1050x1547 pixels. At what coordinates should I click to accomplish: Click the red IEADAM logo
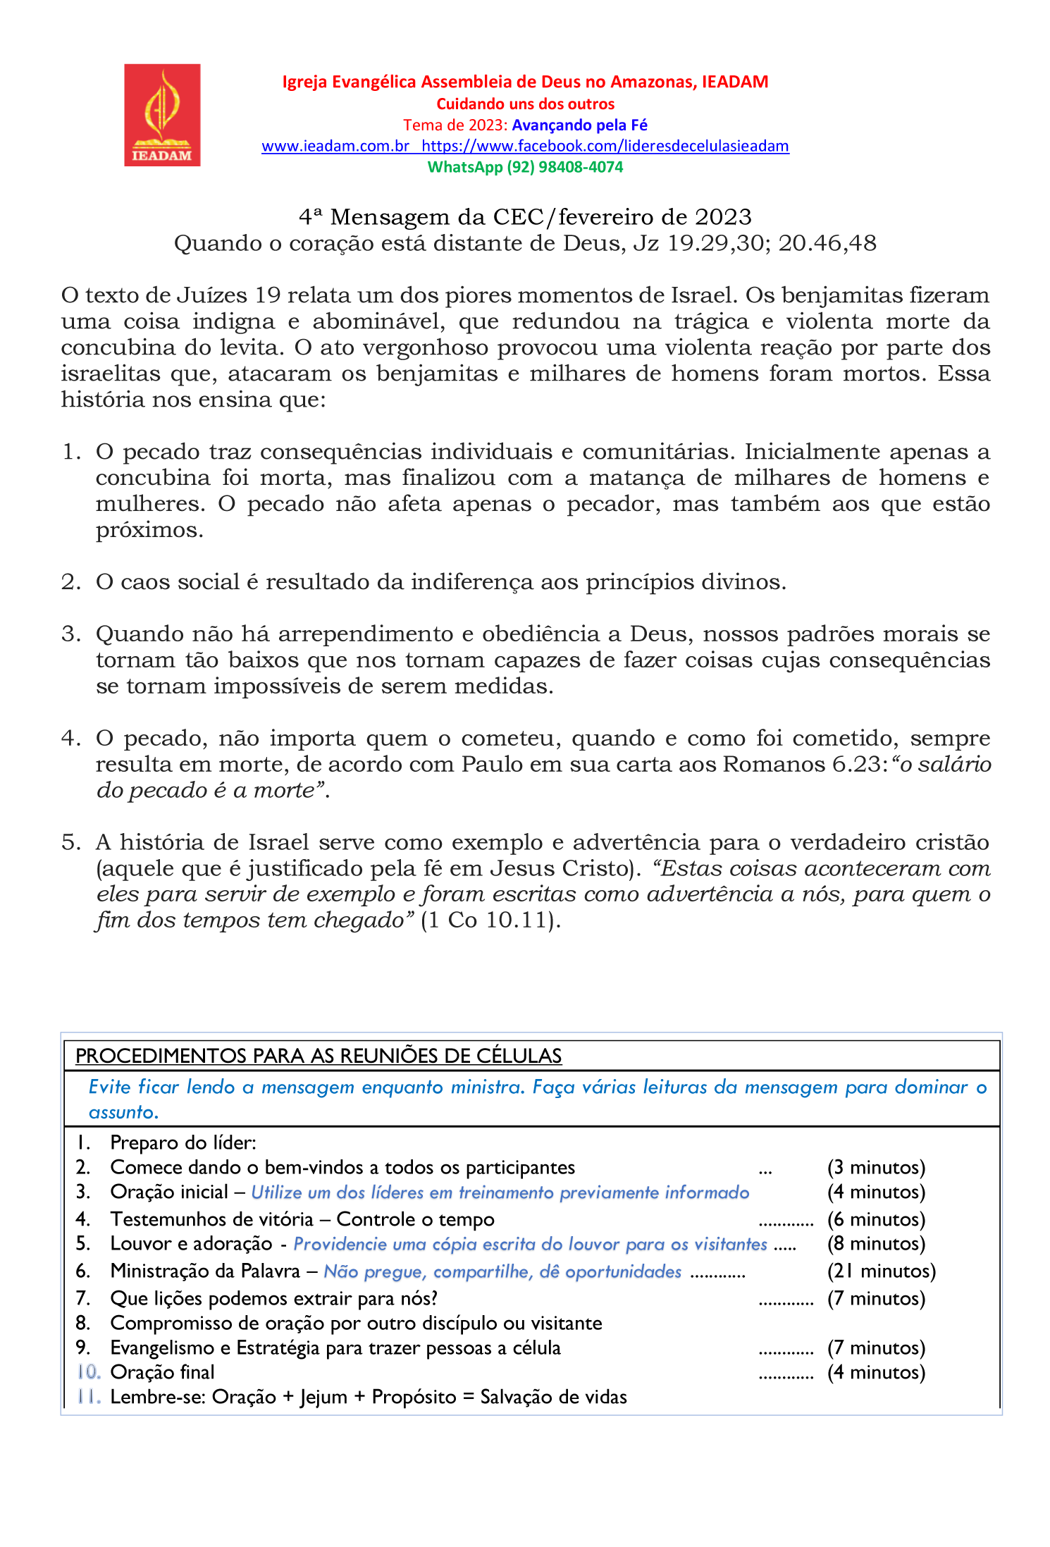click(162, 115)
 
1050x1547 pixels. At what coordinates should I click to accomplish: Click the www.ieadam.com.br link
click(335, 146)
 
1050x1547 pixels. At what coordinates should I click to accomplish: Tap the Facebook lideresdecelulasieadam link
click(605, 146)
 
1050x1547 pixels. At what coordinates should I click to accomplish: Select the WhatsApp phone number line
click(525, 167)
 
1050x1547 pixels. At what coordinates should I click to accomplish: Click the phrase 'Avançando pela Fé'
click(579, 125)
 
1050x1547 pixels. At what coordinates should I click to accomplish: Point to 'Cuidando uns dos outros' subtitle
click(525, 104)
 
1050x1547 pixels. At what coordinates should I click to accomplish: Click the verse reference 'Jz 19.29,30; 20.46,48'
click(755, 243)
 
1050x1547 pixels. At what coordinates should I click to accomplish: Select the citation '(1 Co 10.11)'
click(490, 920)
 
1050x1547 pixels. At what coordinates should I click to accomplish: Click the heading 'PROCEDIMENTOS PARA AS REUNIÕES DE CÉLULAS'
click(319, 1056)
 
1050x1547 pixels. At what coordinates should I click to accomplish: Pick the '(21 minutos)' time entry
click(881, 1271)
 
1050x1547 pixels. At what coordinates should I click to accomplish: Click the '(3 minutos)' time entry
click(876, 1168)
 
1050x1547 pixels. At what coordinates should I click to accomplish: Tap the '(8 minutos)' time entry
click(876, 1244)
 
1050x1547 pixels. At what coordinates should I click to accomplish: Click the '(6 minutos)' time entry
click(876, 1219)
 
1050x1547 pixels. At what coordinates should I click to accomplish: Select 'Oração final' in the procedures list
click(162, 1372)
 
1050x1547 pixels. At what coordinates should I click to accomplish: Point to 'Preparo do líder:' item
click(183, 1142)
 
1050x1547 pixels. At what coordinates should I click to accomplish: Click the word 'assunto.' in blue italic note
click(123, 1112)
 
